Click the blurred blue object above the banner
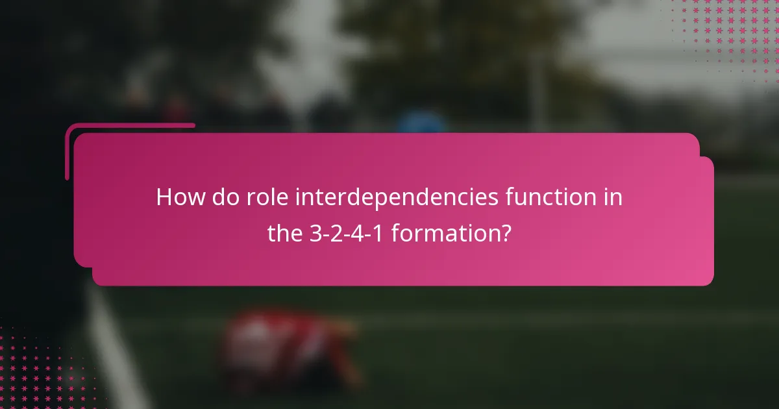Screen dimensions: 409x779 (x=421, y=121)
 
